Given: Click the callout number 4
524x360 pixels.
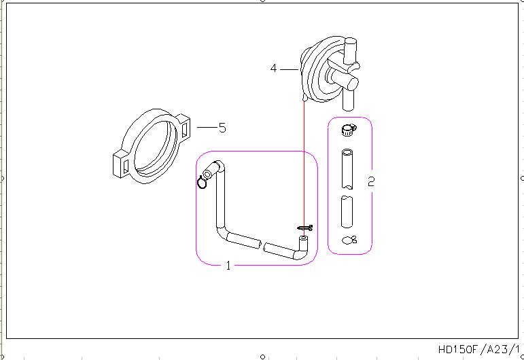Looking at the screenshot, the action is point(273,69).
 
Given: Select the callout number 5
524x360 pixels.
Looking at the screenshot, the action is point(222,128).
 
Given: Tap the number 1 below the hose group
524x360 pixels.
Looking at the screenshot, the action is point(228,266).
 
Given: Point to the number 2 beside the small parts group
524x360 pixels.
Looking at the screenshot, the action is point(371,181).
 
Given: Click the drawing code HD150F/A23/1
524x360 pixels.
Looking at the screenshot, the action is point(479,349).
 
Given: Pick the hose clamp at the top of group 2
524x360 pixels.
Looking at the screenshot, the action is point(349,130).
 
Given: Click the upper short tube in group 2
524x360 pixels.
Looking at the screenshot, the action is point(347,169).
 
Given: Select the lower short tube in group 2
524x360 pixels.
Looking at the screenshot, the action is point(347,212).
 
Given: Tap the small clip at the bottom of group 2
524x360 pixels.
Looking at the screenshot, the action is point(349,240).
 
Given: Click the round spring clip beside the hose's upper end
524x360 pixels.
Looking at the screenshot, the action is point(202,182).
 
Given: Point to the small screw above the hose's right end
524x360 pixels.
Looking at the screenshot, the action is point(305,228).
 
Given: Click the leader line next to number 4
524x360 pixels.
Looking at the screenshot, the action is point(289,69).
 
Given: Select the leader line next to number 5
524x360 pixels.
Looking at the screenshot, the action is point(207,127).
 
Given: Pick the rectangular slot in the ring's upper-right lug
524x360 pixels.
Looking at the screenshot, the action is point(184,130).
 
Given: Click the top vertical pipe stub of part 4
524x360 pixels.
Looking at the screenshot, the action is point(351,51).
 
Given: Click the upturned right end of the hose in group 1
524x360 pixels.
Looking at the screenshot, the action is point(302,247).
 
